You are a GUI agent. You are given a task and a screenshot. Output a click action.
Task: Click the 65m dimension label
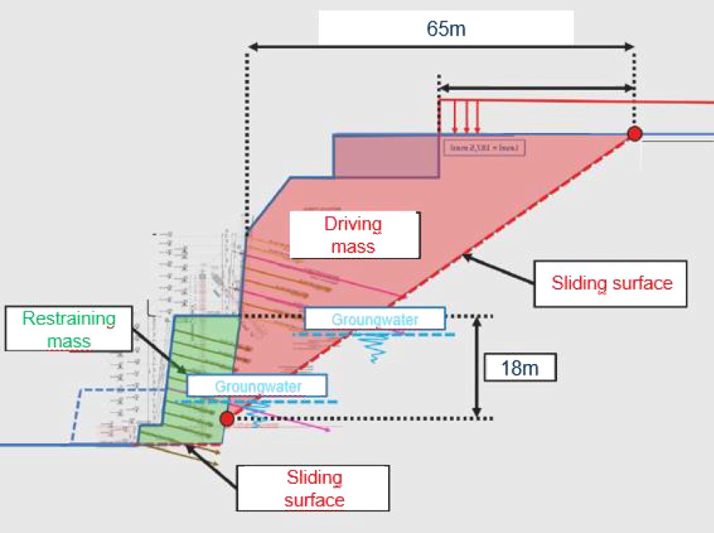pos(445,29)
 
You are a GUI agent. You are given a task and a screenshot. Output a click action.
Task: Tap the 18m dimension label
pos(520,368)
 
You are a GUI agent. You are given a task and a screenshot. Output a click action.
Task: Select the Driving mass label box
pos(354,235)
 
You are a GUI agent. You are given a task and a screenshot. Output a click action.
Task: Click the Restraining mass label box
pos(69,329)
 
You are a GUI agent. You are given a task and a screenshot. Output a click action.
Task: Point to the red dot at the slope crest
pos(635,134)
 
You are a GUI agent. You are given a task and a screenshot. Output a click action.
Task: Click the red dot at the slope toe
pos(227,418)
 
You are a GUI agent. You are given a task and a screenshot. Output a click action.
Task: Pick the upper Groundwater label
pos(375,318)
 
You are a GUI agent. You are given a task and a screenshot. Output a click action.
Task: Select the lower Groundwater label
pos(257,386)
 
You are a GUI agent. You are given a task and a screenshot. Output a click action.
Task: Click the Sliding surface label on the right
pos(611,282)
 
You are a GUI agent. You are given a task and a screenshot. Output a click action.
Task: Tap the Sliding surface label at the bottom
pos(314,488)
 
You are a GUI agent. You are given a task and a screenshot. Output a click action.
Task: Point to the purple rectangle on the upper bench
pos(386,156)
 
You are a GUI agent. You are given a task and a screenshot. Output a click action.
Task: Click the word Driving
pos(354,225)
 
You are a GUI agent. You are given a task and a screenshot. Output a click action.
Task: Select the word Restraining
pos(69,318)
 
